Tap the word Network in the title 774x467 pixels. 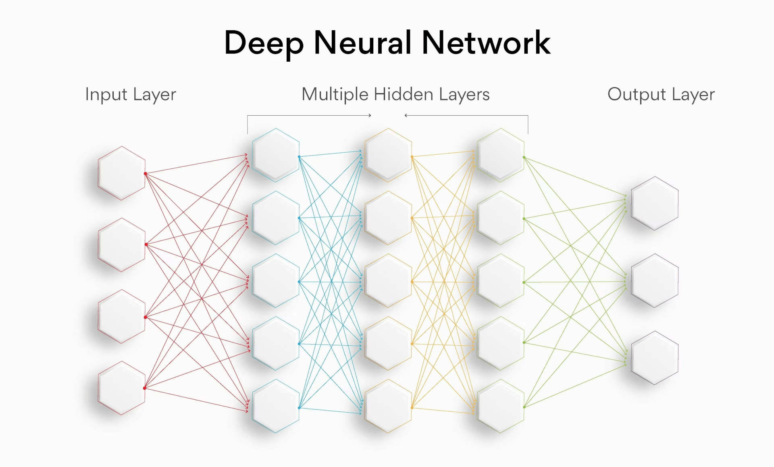[486, 43]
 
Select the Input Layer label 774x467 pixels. [130, 95]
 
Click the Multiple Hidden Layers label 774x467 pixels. [395, 95]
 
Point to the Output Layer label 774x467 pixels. [661, 95]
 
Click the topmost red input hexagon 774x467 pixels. [121, 173]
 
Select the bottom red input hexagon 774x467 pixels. [121, 388]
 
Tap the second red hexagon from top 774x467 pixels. [121, 245]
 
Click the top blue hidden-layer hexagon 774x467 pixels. [276, 155]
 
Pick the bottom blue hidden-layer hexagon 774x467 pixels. [276, 406]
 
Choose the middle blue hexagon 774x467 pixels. [276, 281]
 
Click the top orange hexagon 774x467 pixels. [388, 155]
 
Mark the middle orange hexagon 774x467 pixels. [388, 281]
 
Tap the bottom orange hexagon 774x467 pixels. [388, 406]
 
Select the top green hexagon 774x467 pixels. [500, 155]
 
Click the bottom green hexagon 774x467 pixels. [500, 406]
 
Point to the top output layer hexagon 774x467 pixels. [655, 203]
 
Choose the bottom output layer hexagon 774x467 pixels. [655, 358]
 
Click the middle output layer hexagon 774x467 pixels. [655, 281]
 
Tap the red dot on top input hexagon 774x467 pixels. [145, 174]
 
